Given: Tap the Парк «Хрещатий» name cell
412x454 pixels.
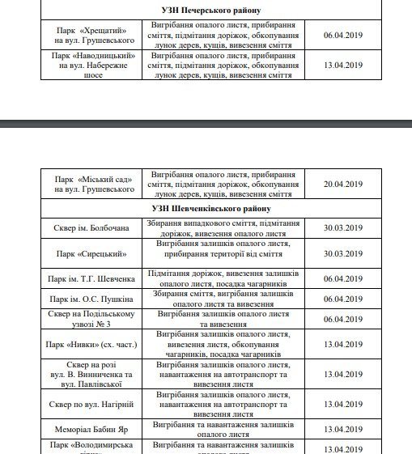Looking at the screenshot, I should click(x=93, y=32).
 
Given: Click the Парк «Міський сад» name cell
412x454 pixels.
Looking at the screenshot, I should click(x=93, y=184).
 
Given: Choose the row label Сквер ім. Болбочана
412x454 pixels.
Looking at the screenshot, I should click(x=93, y=228).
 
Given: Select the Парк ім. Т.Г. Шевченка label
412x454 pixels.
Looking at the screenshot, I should click(x=93, y=278).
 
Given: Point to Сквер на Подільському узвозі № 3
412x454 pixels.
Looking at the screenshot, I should click(x=93, y=318).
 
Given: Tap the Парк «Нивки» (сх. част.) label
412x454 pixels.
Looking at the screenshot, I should click(x=93, y=343).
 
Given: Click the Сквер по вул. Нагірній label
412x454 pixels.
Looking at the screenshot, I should click(x=93, y=403).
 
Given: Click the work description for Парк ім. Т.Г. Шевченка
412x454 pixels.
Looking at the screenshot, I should click(x=225, y=278).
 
